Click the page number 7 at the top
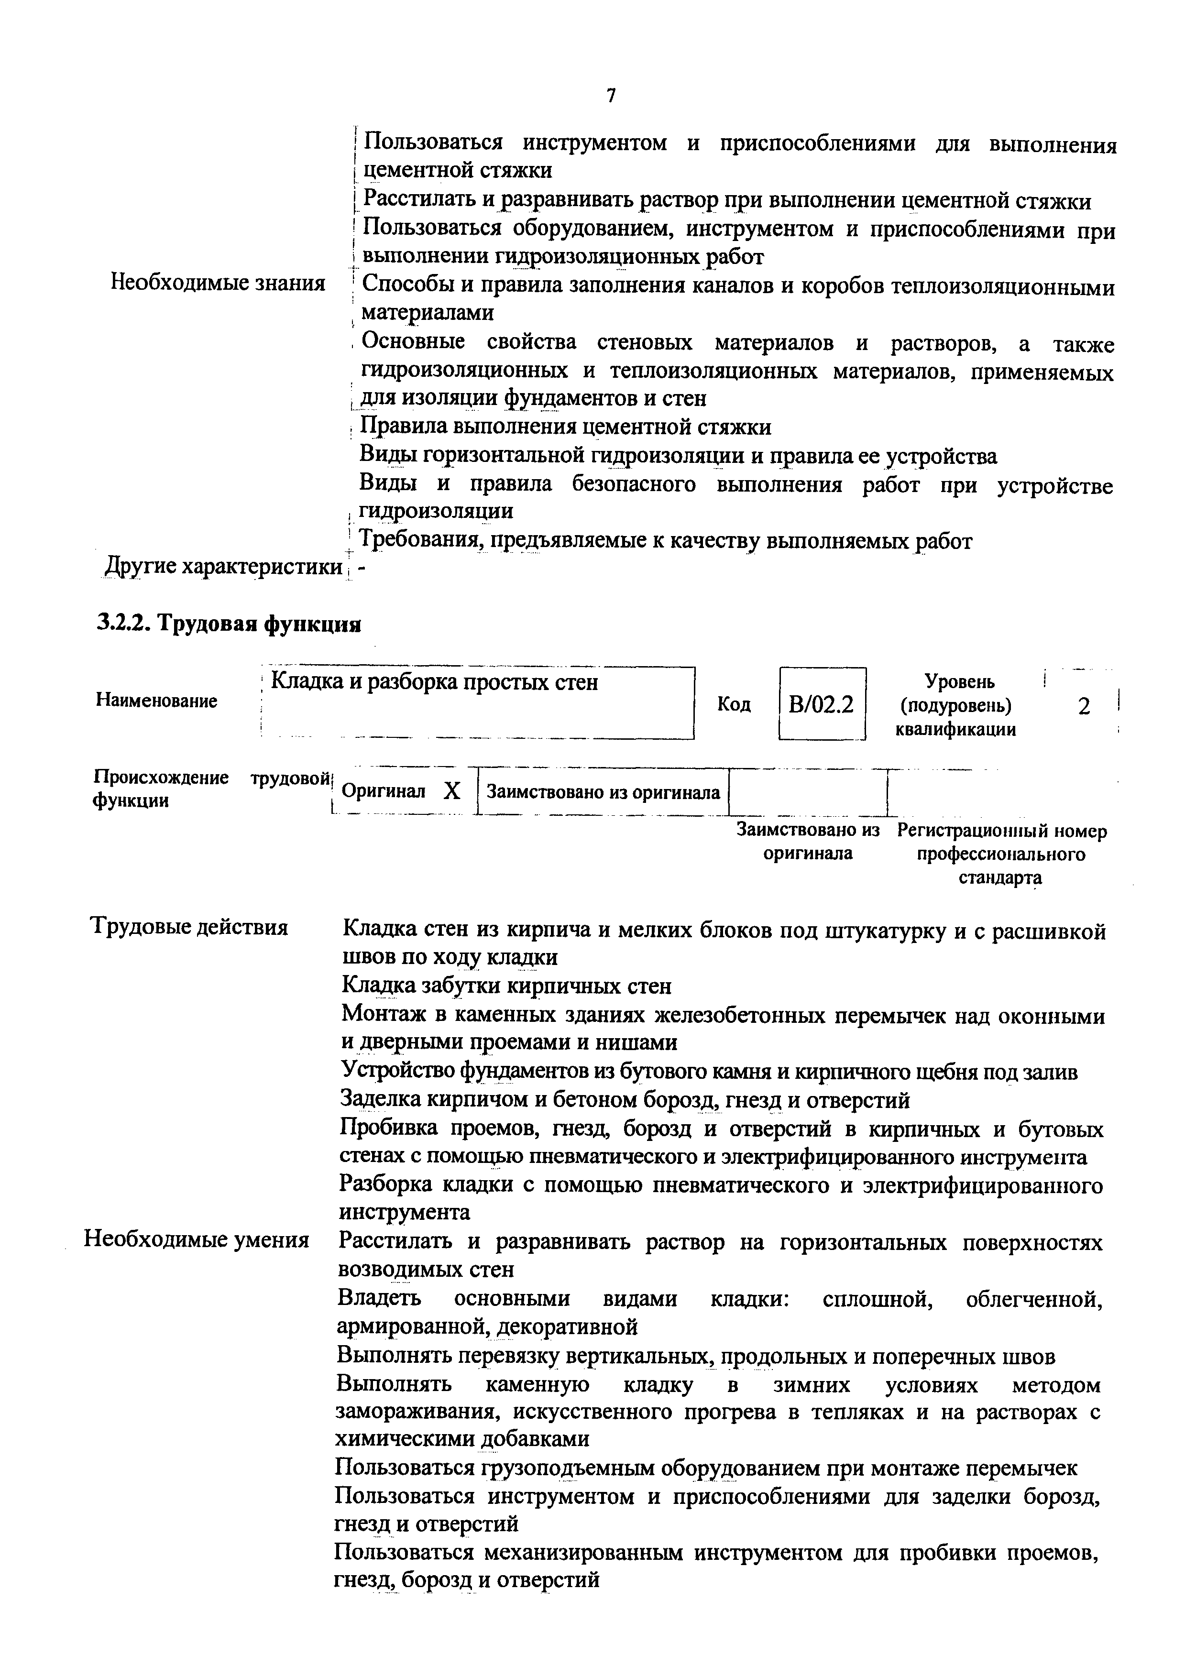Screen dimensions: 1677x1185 pyautogui.click(x=611, y=96)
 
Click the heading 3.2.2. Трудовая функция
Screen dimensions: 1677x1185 pyautogui.click(x=229, y=625)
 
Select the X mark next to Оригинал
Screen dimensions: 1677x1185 pyautogui.click(x=452, y=791)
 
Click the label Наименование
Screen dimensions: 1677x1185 pyautogui.click(x=156, y=701)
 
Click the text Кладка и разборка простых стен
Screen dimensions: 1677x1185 pyautogui.click(x=434, y=682)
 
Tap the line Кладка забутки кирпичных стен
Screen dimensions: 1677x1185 pyautogui.click(x=506, y=986)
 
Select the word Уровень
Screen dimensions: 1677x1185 pyautogui.click(x=959, y=681)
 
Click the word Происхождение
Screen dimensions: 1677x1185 pyautogui.click(x=161, y=777)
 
